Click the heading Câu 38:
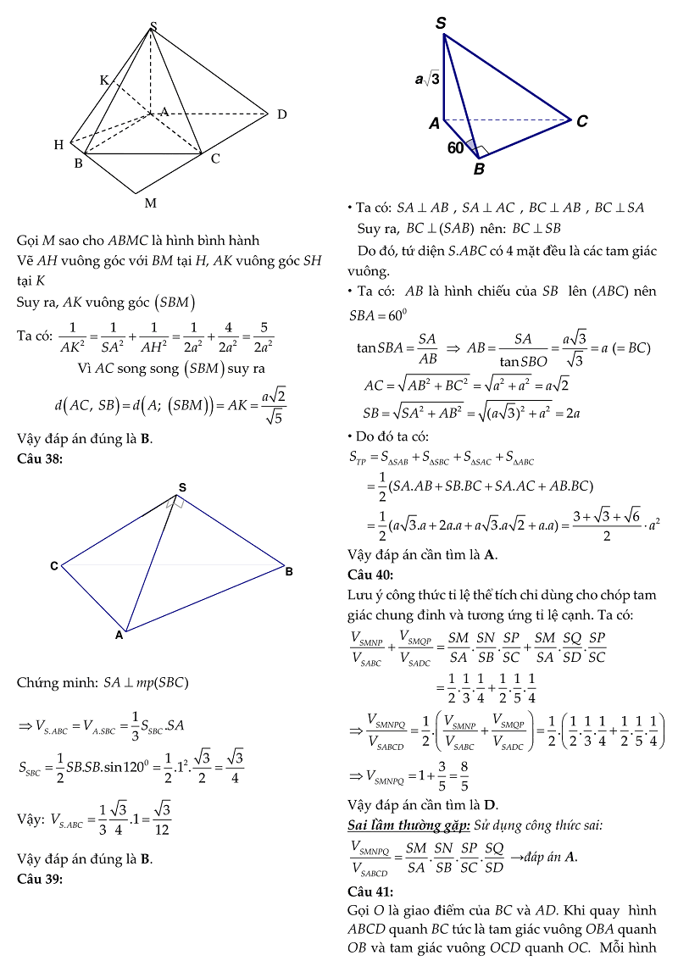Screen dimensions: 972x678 pyautogui.click(x=39, y=459)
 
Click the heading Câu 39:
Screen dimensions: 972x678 pyautogui.click(x=39, y=878)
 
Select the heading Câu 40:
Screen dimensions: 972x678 pyautogui.click(x=370, y=575)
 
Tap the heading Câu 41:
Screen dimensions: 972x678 pyautogui.click(x=370, y=891)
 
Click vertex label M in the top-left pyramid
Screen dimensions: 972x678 pyautogui.click(x=150, y=203)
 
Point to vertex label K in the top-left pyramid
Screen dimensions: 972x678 pyautogui.click(x=104, y=81)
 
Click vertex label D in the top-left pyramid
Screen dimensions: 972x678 pyautogui.click(x=281, y=114)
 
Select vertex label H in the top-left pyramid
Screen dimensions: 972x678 pyautogui.click(x=58, y=145)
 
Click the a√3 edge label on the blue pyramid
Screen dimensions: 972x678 pyautogui.click(x=427, y=79)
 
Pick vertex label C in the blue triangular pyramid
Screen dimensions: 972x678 pyautogui.click(x=582, y=122)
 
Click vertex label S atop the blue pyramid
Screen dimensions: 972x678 pyautogui.click(x=441, y=24)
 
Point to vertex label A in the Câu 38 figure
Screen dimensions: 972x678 pyautogui.click(x=119, y=633)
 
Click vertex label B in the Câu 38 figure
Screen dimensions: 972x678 pyautogui.click(x=289, y=572)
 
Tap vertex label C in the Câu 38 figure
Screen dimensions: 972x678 pyautogui.click(x=53, y=566)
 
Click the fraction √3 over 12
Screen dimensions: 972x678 pyautogui.click(x=163, y=819)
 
